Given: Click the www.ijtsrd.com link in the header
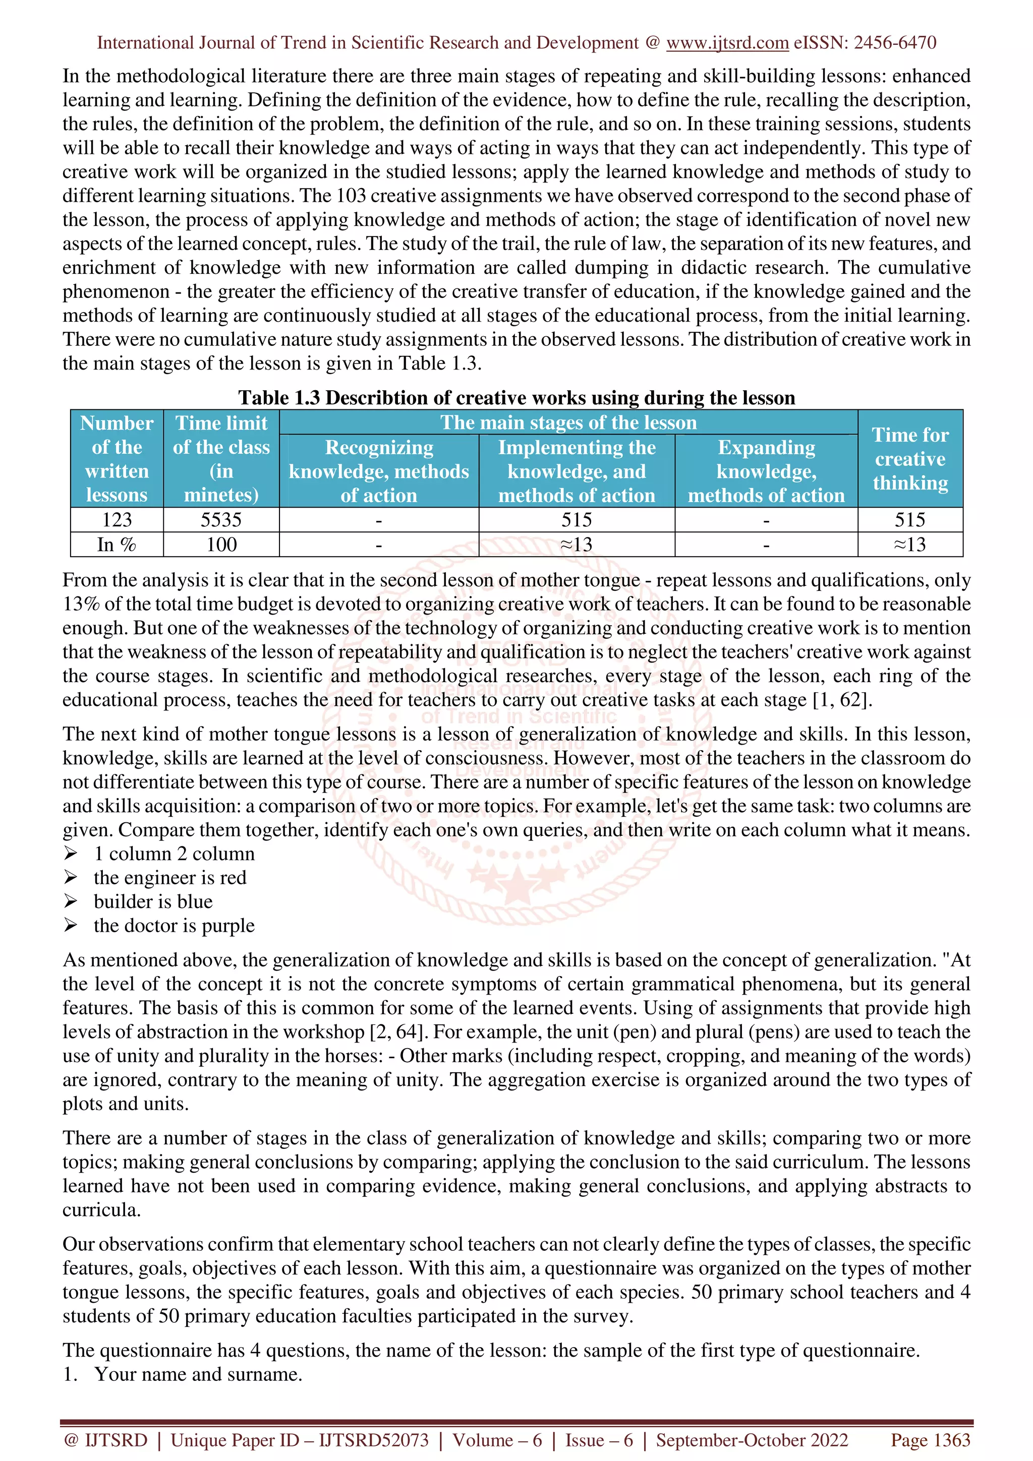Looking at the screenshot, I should coord(727,43).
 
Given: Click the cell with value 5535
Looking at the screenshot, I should coord(221,520).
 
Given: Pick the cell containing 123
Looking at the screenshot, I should coord(117,520).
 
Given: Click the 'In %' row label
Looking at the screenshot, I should coord(117,544).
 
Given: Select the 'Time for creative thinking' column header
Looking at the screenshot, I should coord(909,459).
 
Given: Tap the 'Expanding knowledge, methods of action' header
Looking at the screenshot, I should coord(766,471).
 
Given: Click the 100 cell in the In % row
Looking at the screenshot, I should coord(221,544).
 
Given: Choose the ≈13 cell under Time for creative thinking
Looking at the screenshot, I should coord(909,544).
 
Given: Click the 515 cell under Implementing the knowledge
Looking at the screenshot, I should coord(576,520).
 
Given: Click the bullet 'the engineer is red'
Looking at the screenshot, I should coord(169,878).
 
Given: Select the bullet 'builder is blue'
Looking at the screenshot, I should coord(153,902).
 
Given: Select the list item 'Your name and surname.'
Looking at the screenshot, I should coord(198,1374).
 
